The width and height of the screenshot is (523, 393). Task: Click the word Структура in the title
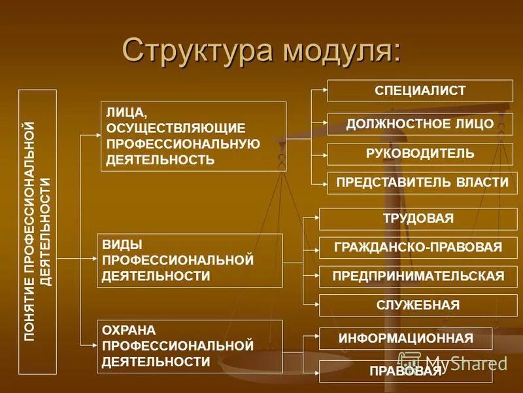click(x=196, y=52)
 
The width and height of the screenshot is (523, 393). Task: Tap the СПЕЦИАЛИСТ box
click(x=420, y=90)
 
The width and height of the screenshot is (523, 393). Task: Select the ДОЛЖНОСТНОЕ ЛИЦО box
click(x=420, y=124)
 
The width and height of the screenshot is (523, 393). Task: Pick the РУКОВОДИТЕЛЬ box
click(x=420, y=154)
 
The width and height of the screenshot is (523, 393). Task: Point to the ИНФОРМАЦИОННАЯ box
click(x=405, y=339)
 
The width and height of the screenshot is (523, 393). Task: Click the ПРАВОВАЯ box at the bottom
click(x=405, y=371)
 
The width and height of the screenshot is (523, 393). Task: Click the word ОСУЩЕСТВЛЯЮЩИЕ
click(x=176, y=128)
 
